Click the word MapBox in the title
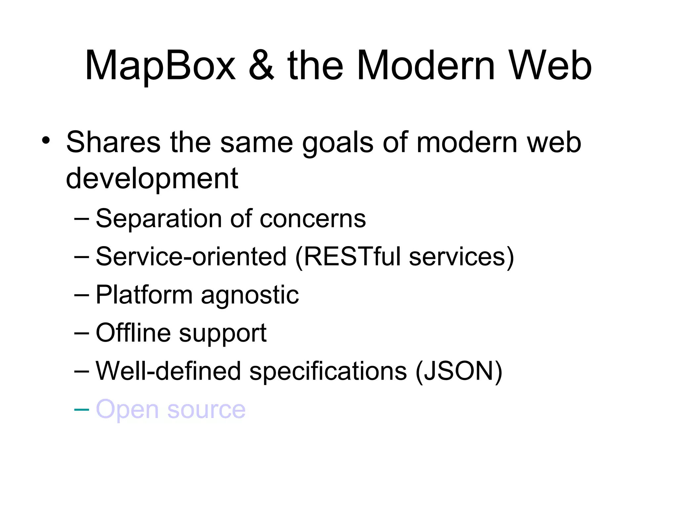(x=160, y=66)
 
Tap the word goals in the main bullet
(x=338, y=143)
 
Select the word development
(x=152, y=179)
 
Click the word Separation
(x=158, y=219)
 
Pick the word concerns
(x=313, y=219)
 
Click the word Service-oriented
(x=191, y=257)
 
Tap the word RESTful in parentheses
(x=352, y=257)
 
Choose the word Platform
(x=144, y=295)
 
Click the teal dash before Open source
(x=82, y=410)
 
